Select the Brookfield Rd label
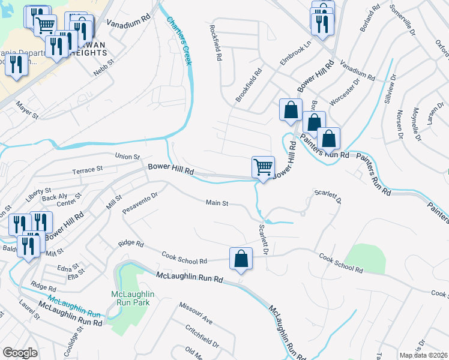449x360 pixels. coord(249,85)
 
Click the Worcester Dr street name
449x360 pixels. coord(344,90)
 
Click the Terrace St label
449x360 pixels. coord(87,170)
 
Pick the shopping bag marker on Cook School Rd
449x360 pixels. coord(241,259)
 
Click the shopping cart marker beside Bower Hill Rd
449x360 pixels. coord(263,166)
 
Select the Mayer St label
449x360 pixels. coord(28,110)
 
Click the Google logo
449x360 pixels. coord(20,353)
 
